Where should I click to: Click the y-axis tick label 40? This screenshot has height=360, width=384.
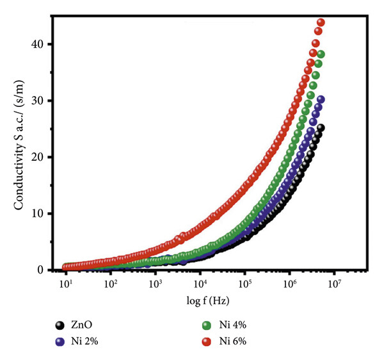pos(43,44)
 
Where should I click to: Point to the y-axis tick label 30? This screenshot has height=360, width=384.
pos(43,101)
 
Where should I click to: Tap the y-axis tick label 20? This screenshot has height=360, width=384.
pos(43,157)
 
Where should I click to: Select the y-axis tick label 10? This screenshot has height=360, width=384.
pos(43,213)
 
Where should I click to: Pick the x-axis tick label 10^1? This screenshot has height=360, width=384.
pos(65,282)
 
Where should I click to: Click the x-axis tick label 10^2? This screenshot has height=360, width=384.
pos(110,282)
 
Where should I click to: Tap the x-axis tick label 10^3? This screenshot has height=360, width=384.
pos(155,282)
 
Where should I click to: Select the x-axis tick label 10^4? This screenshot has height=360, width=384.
pos(200,282)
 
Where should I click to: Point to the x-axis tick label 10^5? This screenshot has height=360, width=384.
pos(244,282)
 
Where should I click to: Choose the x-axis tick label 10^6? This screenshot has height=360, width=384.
pos(289,282)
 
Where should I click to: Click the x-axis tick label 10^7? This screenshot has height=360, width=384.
pos(334,282)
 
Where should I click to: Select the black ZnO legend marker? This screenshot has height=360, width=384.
pos(60,325)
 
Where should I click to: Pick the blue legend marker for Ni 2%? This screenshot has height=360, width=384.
pos(60,341)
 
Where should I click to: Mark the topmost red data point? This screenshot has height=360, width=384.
pos(321,22)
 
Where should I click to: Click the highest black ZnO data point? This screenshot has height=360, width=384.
pos(321,127)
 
